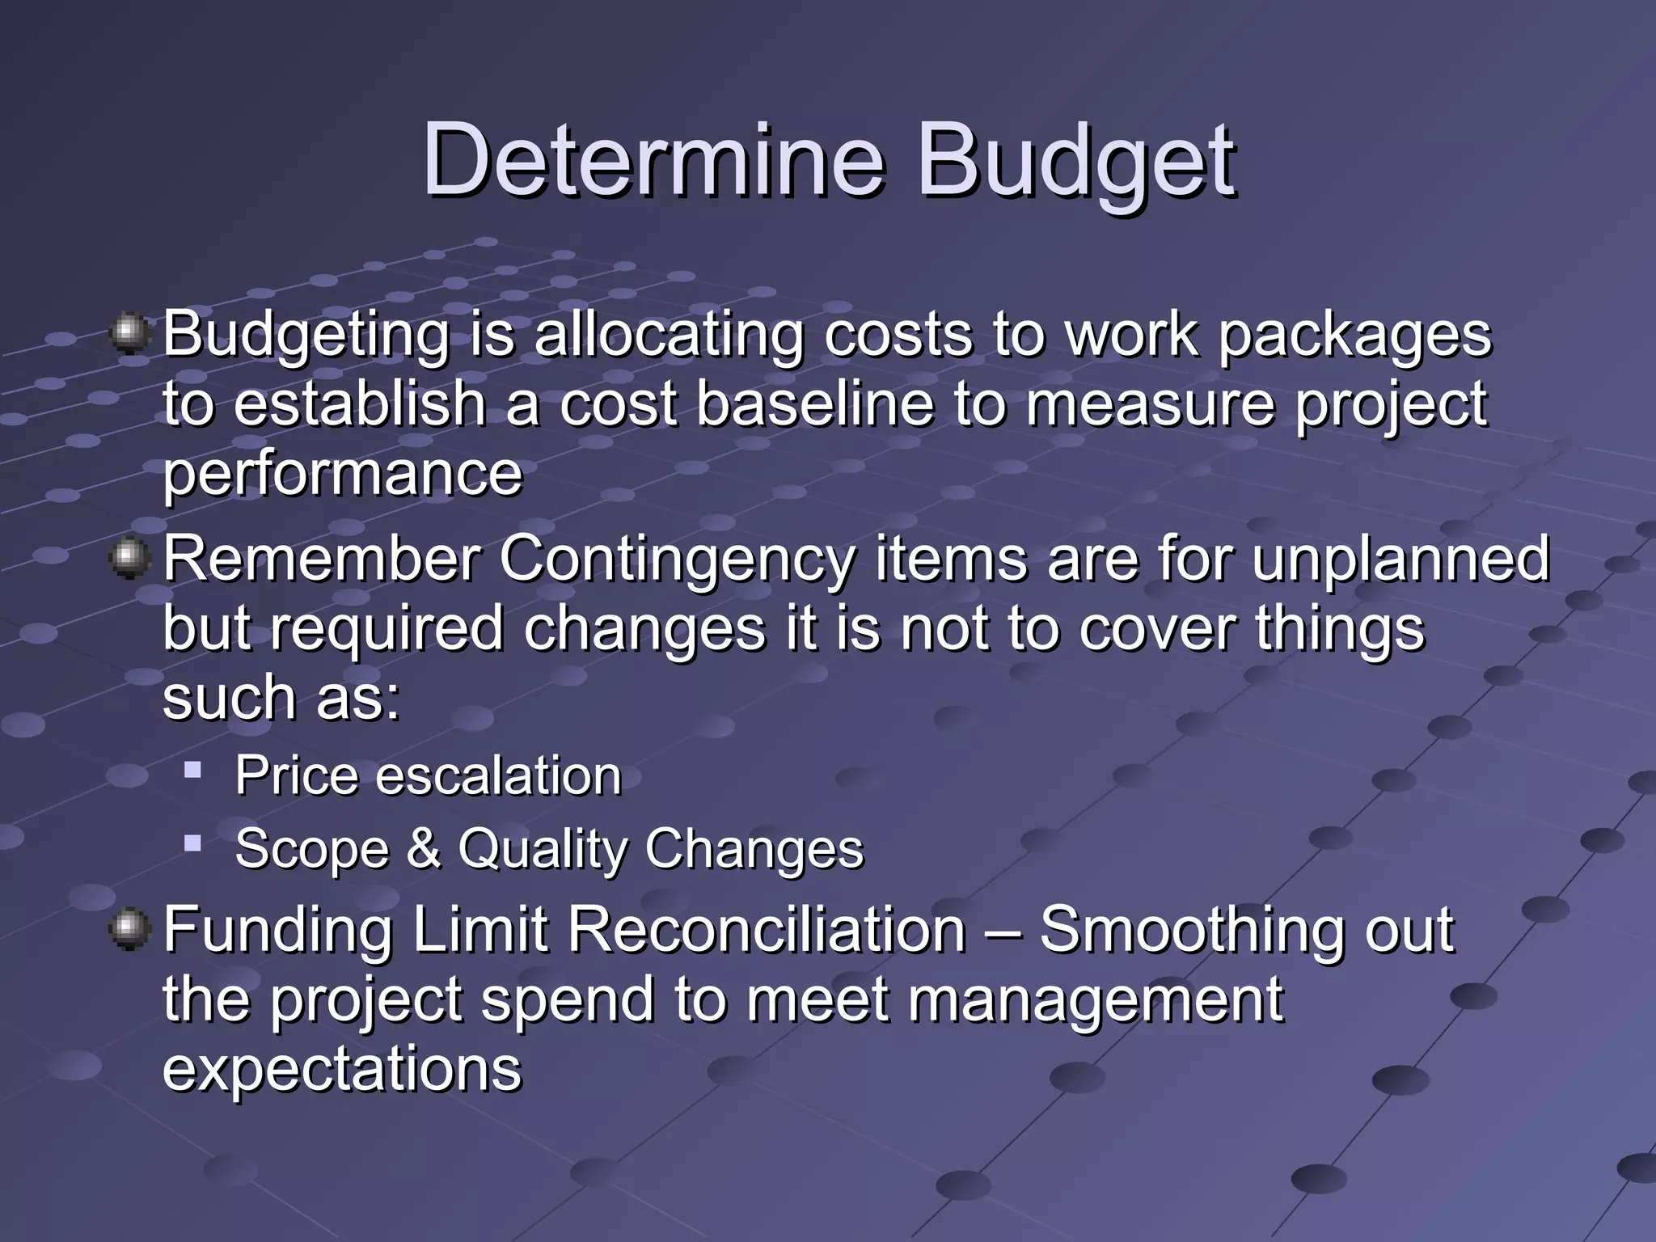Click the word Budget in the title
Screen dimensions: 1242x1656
point(1075,162)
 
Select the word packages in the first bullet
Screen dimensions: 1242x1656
point(1354,336)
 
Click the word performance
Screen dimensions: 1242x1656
point(343,475)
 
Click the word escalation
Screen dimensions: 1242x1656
point(498,775)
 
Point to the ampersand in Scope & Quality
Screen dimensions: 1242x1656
point(424,848)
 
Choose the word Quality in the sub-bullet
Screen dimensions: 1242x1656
point(543,850)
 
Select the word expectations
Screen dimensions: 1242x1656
point(343,1069)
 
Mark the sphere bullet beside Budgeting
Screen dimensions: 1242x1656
point(129,333)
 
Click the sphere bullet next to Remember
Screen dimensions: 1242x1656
point(129,558)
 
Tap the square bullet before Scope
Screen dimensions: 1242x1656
point(192,843)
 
